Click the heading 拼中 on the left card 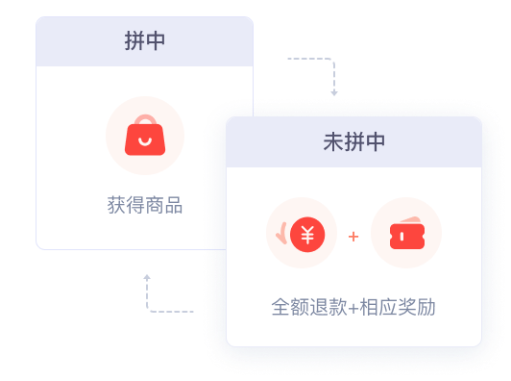coord(145,40)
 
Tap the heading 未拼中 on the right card coord(353,141)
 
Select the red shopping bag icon coord(145,135)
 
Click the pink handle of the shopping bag coord(145,119)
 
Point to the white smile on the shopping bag coord(145,141)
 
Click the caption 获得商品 coord(145,205)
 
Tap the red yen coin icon coord(307,235)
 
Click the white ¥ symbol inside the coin coord(307,235)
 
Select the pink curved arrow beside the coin coord(282,233)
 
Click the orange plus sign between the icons coord(353,236)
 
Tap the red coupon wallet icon coord(407,233)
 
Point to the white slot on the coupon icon coord(401,237)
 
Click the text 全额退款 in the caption coord(309,307)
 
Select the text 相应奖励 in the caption coord(398,307)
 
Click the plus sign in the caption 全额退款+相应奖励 coord(353,308)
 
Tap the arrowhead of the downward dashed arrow coord(334,93)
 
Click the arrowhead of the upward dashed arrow coord(147,277)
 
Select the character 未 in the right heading coord(333,141)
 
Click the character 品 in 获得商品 coord(173,205)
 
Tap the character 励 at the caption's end coord(426,307)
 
